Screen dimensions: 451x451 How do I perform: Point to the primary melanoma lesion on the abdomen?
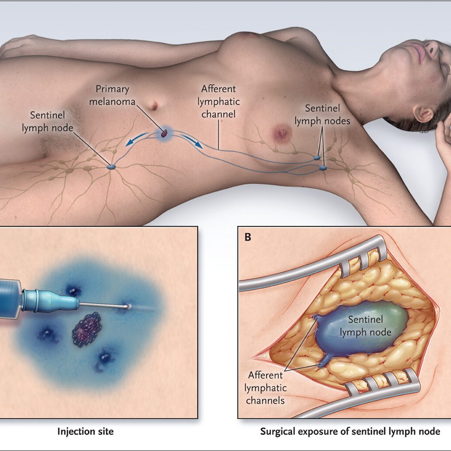[x=164, y=132]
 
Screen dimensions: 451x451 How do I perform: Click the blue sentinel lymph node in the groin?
[x=112, y=166]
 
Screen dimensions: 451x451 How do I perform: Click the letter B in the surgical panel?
[x=248, y=238]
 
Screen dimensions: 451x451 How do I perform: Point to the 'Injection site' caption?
[x=85, y=432]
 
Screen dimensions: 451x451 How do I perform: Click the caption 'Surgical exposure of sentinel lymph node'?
[x=350, y=432]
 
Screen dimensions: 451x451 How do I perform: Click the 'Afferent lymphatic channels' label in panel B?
[x=266, y=388]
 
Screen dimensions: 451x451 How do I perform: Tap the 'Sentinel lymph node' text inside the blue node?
[x=365, y=325]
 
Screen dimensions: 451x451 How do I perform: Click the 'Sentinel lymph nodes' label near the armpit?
[x=322, y=114]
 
